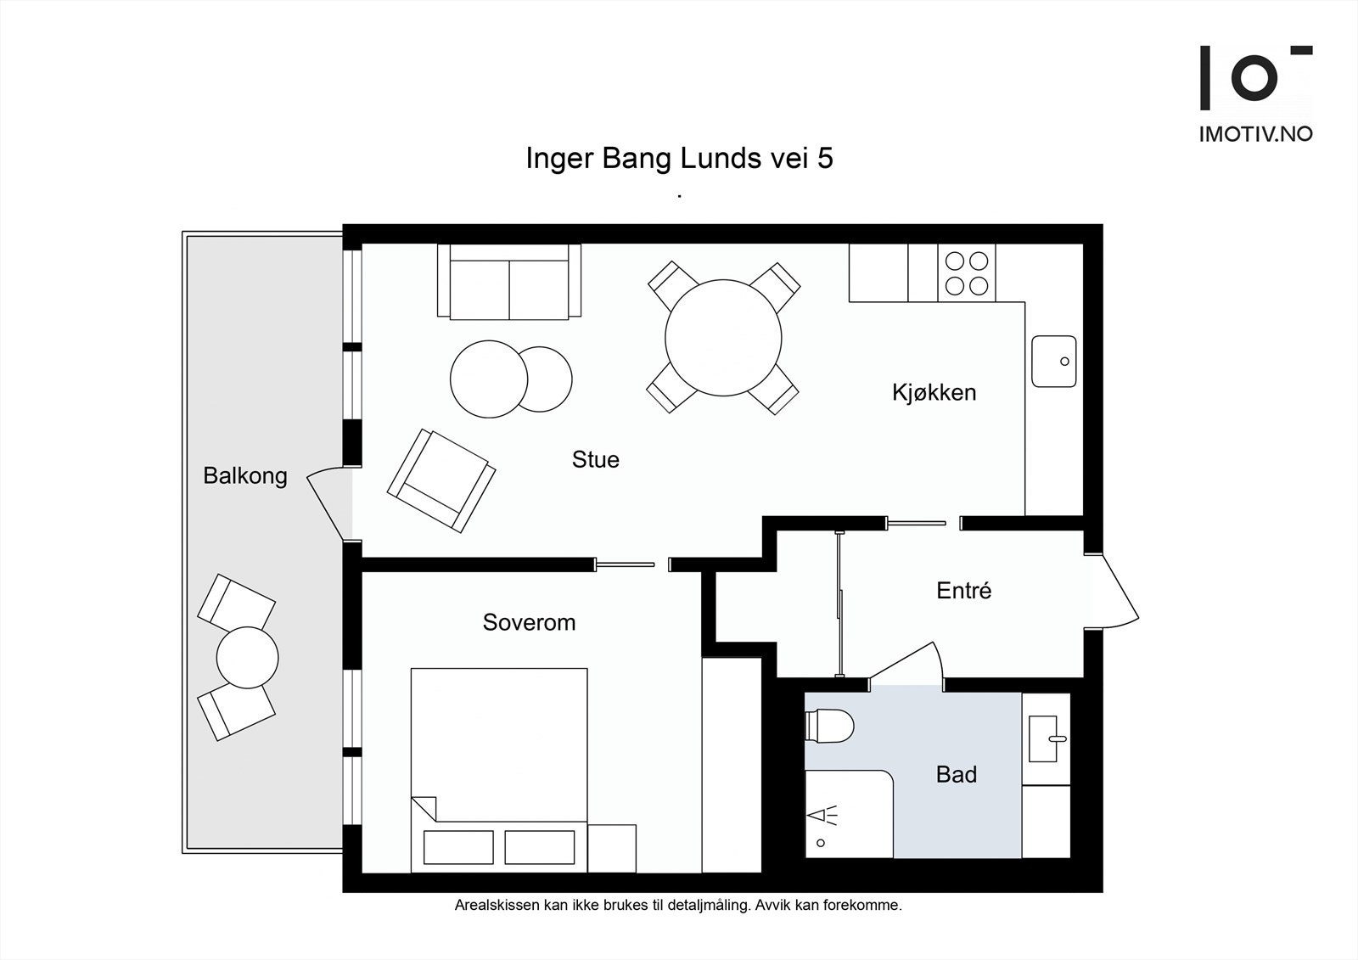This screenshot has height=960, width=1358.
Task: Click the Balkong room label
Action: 245,476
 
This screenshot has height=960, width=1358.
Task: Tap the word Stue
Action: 595,460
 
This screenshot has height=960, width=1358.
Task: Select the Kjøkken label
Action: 934,393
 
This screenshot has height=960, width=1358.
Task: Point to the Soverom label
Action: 529,622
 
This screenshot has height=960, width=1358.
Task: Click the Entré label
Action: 963,590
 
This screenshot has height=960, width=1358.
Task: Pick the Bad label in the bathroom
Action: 956,774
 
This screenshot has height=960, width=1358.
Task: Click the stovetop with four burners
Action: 967,273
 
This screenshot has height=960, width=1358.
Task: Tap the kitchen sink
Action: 1054,362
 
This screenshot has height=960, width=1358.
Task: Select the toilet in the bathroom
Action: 829,726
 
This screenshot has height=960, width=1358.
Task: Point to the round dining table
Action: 723,338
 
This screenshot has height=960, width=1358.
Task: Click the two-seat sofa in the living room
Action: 509,282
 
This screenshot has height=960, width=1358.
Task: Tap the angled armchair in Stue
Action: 441,481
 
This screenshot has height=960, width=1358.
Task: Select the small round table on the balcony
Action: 247,658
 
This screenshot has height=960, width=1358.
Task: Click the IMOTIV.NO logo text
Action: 1255,135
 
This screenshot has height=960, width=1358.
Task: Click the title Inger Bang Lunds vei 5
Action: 679,158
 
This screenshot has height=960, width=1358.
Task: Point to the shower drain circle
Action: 821,843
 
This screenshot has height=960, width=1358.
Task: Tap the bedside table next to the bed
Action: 612,849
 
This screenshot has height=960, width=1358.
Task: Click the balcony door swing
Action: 328,502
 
